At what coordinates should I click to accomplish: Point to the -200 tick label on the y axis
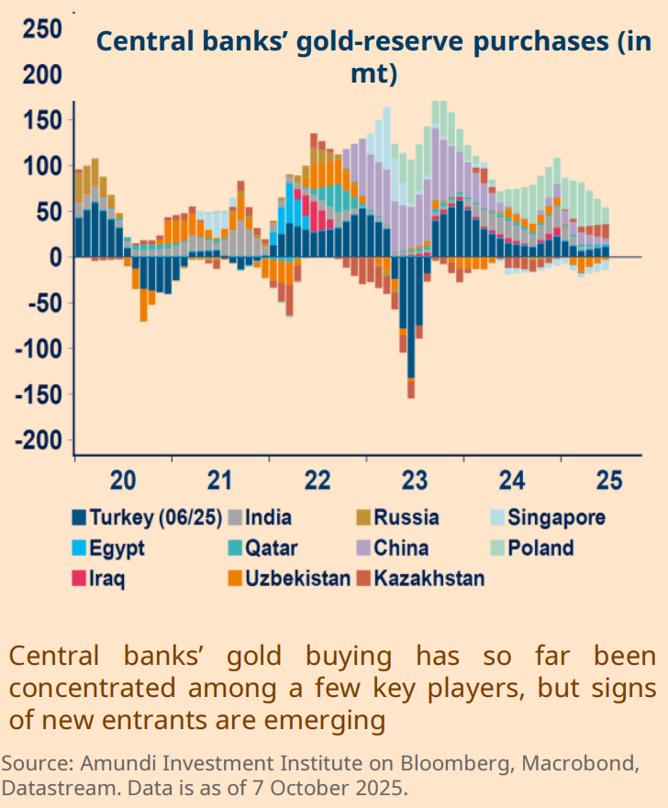[x=38, y=441]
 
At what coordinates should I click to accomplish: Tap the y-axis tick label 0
[x=55, y=258]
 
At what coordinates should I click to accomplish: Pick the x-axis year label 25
[x=608, y=481]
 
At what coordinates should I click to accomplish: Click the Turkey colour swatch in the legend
[x=80, y=517]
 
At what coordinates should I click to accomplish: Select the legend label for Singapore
[x=556, y=517]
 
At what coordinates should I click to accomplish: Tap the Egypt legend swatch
[x=80, y=548]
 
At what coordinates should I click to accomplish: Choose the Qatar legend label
[x=271, y=548]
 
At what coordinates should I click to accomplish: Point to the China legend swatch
[x=363, y=548]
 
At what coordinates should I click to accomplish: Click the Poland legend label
[x=541, y=548]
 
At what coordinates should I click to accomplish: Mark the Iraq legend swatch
[x=80, y=579]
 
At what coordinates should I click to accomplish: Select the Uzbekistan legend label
[x=297, y=579]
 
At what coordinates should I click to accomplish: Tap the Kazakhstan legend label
[x=429, y=579]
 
